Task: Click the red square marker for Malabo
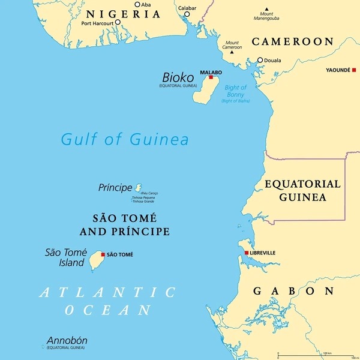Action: point(211,77)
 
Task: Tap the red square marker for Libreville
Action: point(246,253)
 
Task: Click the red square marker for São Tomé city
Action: point(103,254)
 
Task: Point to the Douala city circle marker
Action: point(260,60)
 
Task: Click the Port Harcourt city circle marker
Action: point(118,23)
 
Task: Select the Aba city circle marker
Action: point(137,5)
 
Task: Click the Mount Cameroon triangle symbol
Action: point(232,52)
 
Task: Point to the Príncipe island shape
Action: point(139,188)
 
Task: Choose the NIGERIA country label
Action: point(124,14)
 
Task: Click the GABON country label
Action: point(293,291)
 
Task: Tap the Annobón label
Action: point(67,341)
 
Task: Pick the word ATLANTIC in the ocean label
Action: point(107,292)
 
